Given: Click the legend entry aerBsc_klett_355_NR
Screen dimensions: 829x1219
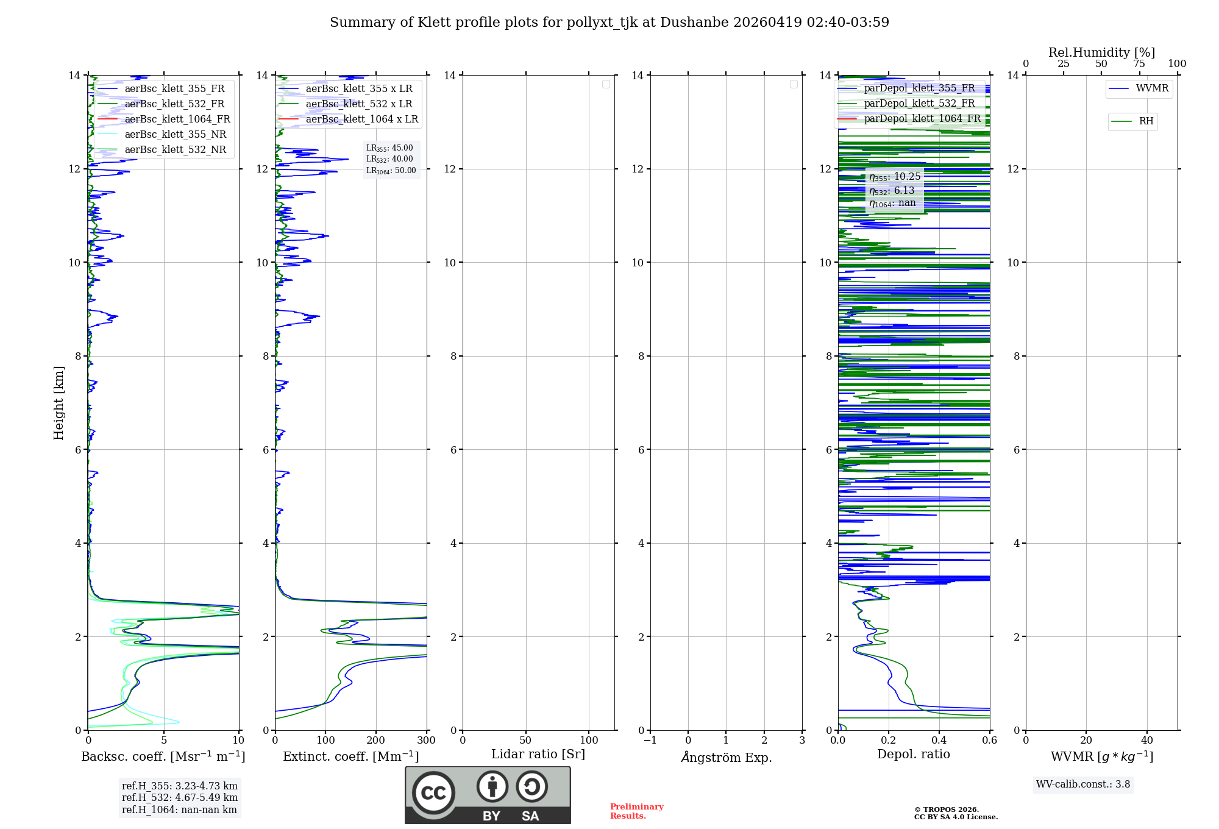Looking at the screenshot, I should pyautogui.click(x=175, y=135).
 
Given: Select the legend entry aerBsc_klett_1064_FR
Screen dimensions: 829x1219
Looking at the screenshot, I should pyautogui.click(x=177, y=119).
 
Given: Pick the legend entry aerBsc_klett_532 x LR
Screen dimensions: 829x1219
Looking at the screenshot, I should pyautogui.click(x=358, y=104).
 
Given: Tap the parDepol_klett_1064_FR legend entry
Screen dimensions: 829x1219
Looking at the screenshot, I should pyautogui.click(x=922, y=119).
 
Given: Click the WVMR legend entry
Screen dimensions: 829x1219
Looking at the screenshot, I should pyautogui.click(x=1151, y=88).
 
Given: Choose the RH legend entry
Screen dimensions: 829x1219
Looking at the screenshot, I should pyautogui.click(x=1145, y=121).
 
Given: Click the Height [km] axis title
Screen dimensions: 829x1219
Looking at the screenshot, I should pyautogui.click(x=59, y=403).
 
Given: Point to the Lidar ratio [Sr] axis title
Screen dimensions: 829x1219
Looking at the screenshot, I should pyautogui.click(x=538, y=755).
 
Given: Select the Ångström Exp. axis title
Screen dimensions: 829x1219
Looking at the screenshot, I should pyautogui.click(x=726, y=757).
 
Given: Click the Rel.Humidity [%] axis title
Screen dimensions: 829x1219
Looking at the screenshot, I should pyautogui.click(x=1101, y=52).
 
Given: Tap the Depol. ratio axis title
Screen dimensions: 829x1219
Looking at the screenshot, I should pyautogui.click(x=913, y=755).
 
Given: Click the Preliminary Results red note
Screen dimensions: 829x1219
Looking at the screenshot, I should pyautogui.click(x=636, y=811).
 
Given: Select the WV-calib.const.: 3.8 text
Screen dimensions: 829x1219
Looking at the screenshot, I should pyautogui.click(x=1082, y=785).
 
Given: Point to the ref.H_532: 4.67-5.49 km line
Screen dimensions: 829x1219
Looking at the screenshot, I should pyautogui.click(x=179, y=798).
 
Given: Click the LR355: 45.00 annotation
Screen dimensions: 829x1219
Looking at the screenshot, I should pyautogui.click(x=389, y=148).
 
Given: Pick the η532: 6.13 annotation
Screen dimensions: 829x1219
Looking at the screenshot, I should pyautogui.click(x=892, y=191).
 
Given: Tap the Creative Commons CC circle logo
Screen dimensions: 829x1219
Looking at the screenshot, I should pyautogui.click(x=433, y=793).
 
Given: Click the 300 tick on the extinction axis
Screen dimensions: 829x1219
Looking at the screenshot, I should pyautogui.click(x=427, y=741).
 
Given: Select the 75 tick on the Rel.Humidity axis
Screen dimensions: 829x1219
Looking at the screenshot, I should pyautogui.click(x=1139, y=64).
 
